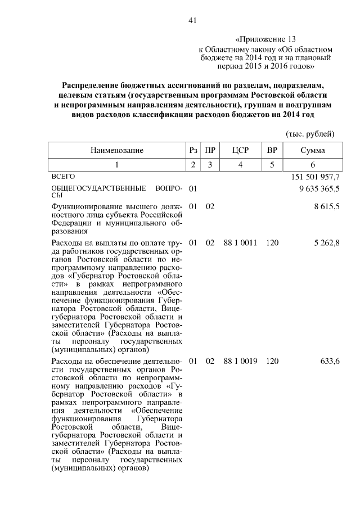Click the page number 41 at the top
pos(191,21)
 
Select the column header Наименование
pos(117,150)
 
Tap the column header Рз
pos(193,150)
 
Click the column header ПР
pos(210,150)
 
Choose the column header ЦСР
pos(240,150)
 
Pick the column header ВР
pos(272,150)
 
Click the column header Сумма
pos(312,150)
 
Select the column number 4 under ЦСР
pos(240,165)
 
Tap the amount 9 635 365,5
pos(316,188)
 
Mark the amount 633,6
pos(330,361)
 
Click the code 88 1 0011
pos(240,243)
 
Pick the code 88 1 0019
pos(240,361)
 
